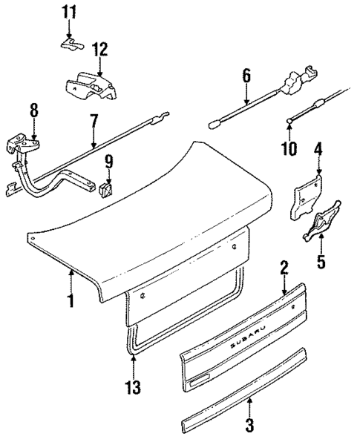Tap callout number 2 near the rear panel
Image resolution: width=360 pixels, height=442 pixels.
click(283, 267)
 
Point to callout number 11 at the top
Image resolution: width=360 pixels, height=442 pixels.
click(69, 13)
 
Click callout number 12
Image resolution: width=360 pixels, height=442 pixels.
click(99, 50)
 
